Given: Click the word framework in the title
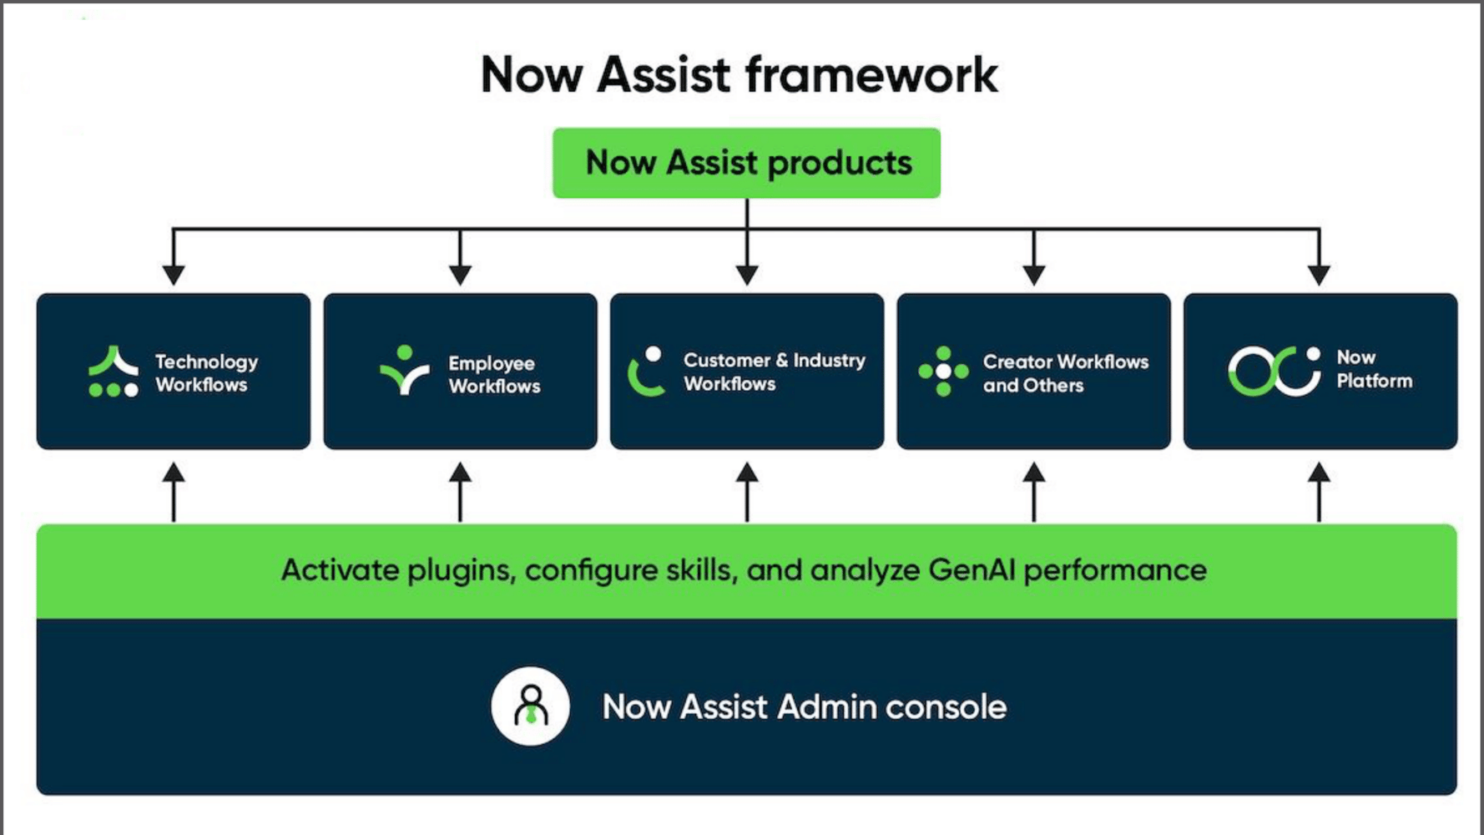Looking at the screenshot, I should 871,75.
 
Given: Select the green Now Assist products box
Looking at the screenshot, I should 746,163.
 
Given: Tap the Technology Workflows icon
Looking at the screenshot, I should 114,372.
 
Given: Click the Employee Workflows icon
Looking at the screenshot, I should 405,369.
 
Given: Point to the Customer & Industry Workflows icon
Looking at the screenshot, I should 646,372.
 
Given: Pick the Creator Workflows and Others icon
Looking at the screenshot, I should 943,372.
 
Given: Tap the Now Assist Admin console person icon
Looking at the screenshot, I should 531,706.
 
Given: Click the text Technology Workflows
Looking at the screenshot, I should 206,373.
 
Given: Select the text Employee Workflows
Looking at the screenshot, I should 494,374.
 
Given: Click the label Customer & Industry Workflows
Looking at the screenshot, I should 774,372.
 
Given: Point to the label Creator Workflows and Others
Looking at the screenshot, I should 1065,373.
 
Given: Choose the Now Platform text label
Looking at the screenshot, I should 1374,369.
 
